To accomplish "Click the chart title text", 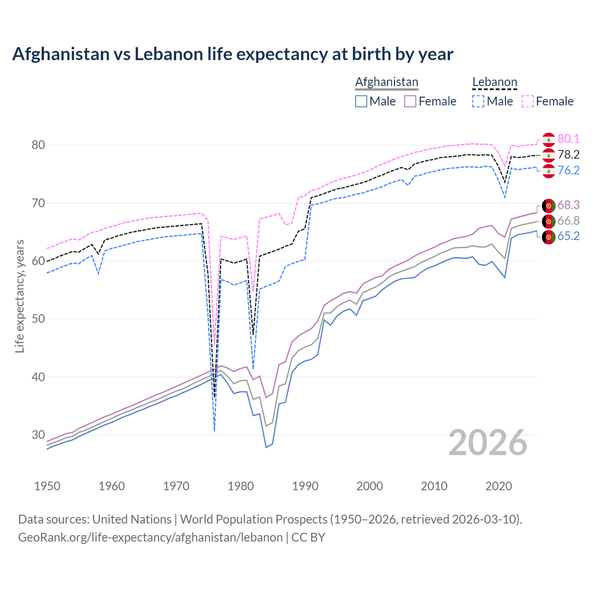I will [233, 54].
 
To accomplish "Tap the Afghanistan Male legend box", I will [361, 101].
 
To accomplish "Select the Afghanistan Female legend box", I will [410, 101].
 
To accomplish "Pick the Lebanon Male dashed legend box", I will [478, 101].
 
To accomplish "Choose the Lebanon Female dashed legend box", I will [528, 101].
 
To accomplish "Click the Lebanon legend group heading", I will [494, 82].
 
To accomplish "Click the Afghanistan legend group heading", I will [387, 82].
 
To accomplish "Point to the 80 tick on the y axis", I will [38, 145].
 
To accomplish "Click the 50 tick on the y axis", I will [38, 319].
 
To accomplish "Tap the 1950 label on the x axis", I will [47, 486].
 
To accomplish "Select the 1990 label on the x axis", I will [305, 486].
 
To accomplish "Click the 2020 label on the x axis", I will [499, 486].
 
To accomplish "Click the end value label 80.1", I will [568, 139].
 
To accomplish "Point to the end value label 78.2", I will [568, 155].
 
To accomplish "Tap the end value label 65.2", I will [568, 236].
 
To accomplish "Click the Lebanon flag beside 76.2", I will [549, 171].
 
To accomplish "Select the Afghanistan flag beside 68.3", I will [549, 205].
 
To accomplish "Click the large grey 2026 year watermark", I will [488, 443].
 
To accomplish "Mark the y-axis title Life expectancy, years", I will [19, 296].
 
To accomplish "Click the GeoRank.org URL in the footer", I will [150, 537].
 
